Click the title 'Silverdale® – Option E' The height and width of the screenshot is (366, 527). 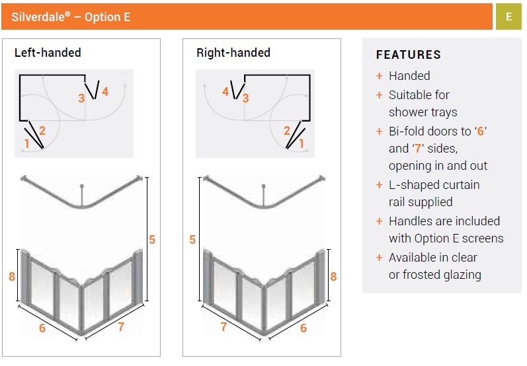(x=71, y=17)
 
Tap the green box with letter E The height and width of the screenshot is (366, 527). (x=508, y=17)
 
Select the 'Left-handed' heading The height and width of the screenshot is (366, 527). (x=48, y=53)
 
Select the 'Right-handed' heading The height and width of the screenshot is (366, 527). (x=233, y=53)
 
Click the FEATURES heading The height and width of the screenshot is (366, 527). (x=408, y=55)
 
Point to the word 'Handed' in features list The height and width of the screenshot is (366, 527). (x=409, y=76)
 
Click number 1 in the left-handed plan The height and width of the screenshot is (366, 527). (x=27, y=143)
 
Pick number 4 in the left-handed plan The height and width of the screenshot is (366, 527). (x=105, y=91)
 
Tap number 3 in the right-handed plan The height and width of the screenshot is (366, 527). (x=245, y=98)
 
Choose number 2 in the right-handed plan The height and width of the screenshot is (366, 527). (x=287, y=131)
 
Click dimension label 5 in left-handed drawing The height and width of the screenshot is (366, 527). (x=152, y=240)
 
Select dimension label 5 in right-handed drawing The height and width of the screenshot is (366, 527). (x=193, y=240)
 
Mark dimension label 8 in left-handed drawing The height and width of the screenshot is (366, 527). (x=12, y=277)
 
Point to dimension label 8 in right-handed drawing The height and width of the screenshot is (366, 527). (x=333, y=277)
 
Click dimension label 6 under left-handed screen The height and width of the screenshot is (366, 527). (x=42, y=328)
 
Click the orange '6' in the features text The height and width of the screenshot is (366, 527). (x=481, y=131)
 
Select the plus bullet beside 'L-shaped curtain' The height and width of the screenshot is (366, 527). (x=380, y=185)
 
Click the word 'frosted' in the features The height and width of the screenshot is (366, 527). (x=420, y=275)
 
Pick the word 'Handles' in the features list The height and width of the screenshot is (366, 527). (x=411, y=221)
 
